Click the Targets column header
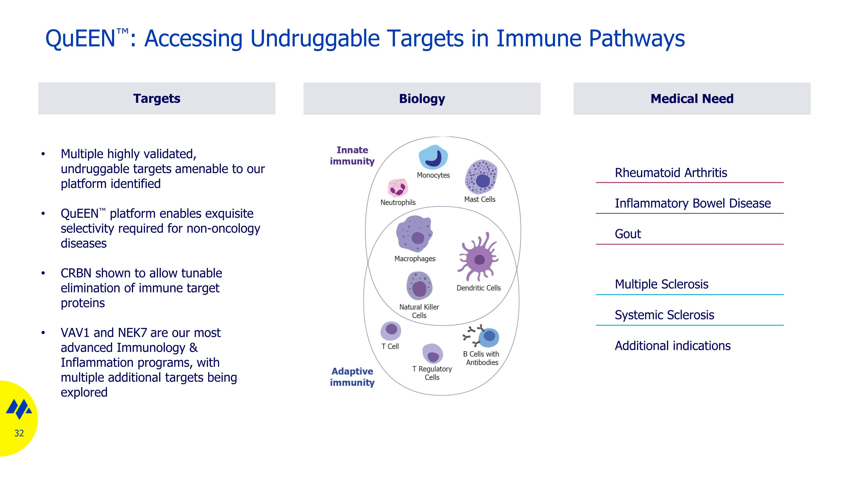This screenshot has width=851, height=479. pos(157,99)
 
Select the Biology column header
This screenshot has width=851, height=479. pos(422,99)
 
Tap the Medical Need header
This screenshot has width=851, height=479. pos(692,99)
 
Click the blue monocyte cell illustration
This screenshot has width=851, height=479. pos(433,157)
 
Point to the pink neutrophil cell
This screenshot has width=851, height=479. pos(397,188)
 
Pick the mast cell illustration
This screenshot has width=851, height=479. pos(481,177)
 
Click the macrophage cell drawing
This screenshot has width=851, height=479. pos(414,234)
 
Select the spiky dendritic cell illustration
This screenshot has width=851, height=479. pos(478,257)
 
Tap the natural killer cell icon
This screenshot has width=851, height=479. pos(419,286)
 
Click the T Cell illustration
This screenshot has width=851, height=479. pos(391,331)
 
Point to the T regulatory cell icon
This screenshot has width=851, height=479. pos(432,354)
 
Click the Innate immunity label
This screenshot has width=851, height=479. pos(352,156)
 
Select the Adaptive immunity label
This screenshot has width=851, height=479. pos(352,377)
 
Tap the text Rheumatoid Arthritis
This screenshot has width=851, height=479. pos(671,173)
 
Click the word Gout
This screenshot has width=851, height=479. pos(628,234)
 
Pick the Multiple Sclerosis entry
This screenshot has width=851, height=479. pos(662,284)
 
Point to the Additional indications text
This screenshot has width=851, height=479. pos(673,346)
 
